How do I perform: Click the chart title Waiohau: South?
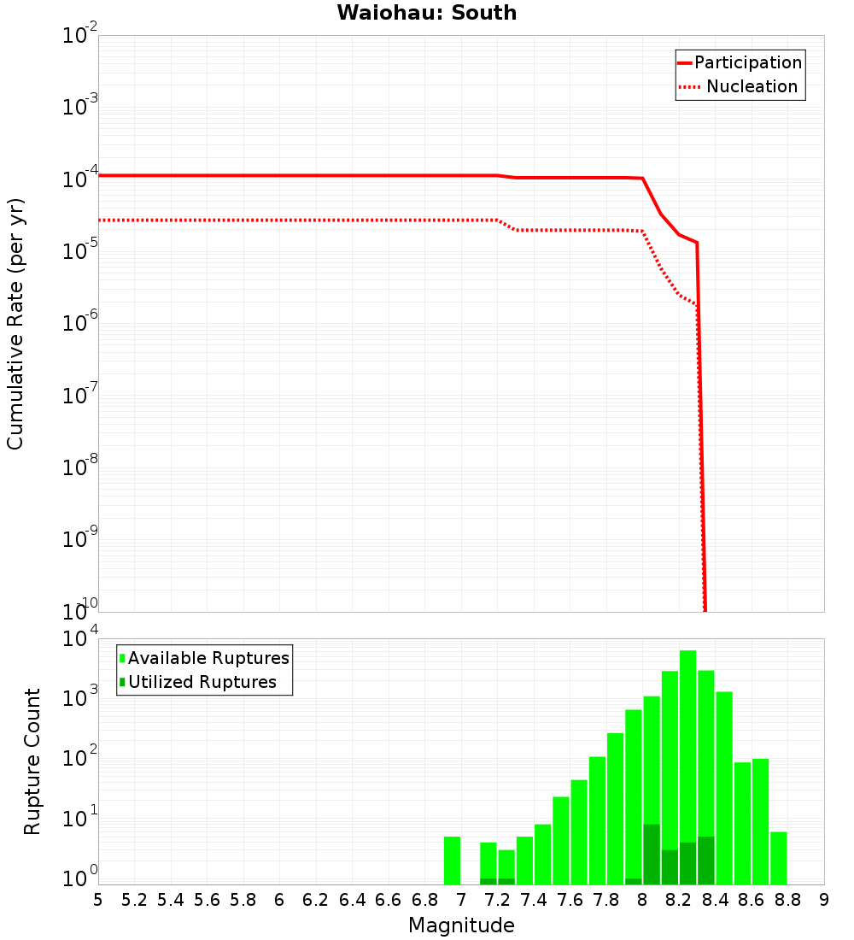coord(426,13)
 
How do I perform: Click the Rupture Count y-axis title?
coord(32,761)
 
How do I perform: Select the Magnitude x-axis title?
coord(461,925)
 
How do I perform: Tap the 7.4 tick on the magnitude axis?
coord(534,900)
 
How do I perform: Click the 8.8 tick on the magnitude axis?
coord(787,900)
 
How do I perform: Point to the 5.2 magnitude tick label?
coord(134,900)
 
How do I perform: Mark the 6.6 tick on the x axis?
coord(389,900)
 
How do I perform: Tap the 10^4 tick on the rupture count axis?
coord(81,639)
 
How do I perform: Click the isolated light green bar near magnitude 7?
coord(452,861)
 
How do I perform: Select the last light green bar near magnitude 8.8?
coord(778,858)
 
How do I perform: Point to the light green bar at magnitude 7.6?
coord(560,841)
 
